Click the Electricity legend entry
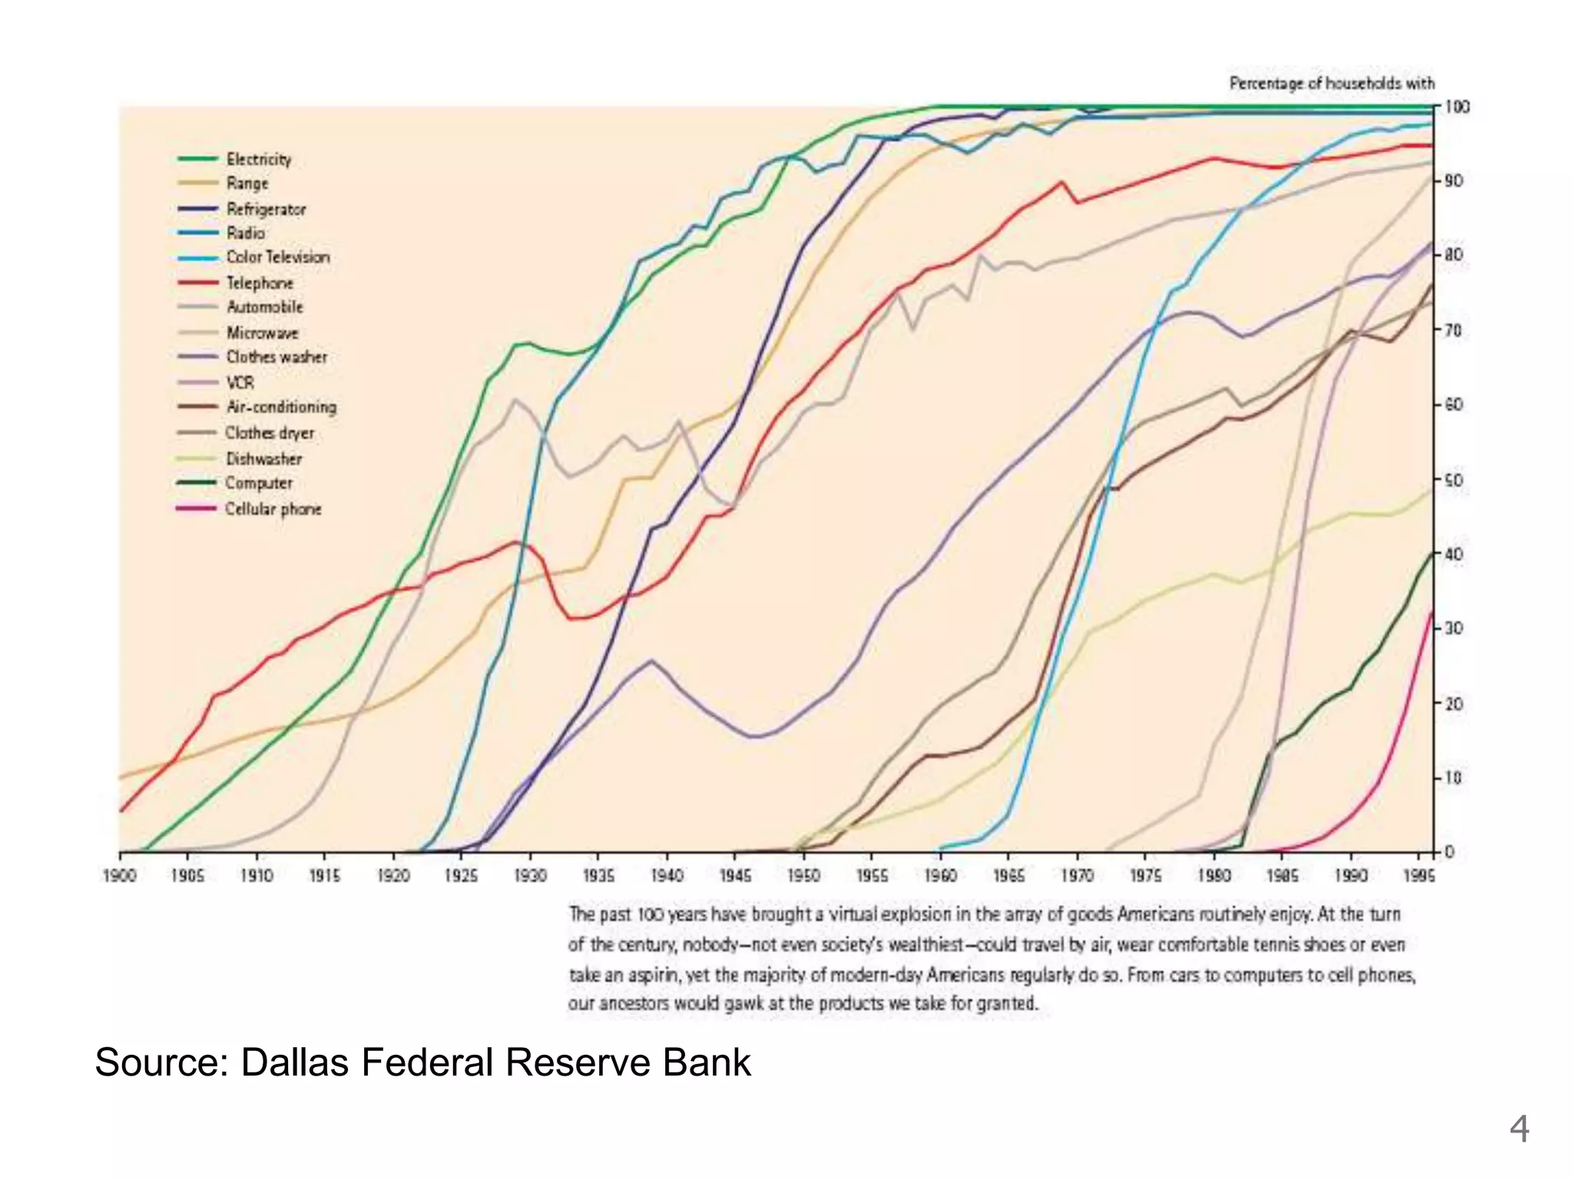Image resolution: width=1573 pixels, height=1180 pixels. (259, 159)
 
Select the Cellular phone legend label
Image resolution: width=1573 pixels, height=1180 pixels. (273, 509)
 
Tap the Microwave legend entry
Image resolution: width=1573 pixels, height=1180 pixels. (262, 333)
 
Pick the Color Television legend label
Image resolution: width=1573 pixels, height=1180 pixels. (277, 257)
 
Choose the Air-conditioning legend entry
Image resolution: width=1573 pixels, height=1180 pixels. (281, 407)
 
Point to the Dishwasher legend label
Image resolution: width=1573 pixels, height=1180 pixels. (263, 459)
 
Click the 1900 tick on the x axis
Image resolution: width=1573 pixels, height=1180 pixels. (119, 876)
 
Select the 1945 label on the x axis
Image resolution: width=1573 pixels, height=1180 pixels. (735, 876)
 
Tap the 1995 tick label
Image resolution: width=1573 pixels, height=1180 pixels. (1419, 876)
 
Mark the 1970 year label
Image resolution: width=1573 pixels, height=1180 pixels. (1077, 876)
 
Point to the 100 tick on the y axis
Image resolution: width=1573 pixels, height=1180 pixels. (1457, 107)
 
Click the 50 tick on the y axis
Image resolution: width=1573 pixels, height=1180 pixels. (1454, 480)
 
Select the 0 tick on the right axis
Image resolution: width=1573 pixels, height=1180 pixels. (1449, 852)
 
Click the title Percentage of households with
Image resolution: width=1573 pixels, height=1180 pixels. (1331, 83)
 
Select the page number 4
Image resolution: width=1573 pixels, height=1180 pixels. (1518, 1129)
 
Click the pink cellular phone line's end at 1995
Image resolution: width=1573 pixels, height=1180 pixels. (1432, 612)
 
